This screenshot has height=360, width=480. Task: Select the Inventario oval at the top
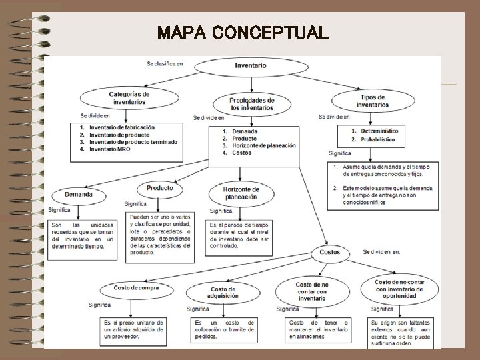pyautogui.click(x=251, y=65)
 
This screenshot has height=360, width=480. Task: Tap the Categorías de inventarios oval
pyautogui.click(x=129, y=99)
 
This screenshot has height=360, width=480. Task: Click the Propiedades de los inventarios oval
pyautogui.click(x=251, y=103)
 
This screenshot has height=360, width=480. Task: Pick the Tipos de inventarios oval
pyautogui.click(x=372, y=101)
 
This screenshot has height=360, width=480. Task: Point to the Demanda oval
pyautogui.click(x=79, y=195)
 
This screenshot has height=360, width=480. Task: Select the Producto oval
pyautogui.click(x=159, y=189)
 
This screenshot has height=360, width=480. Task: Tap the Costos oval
pyautogui.click(x=329, y=253)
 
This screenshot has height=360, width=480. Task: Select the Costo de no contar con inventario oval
pyautogui.click(x=312, y=291)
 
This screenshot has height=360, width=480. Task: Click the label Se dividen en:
pyautogui.click(x=382, y=252)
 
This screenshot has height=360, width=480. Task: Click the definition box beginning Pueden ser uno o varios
pyautogui.click(x=160, y=234)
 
